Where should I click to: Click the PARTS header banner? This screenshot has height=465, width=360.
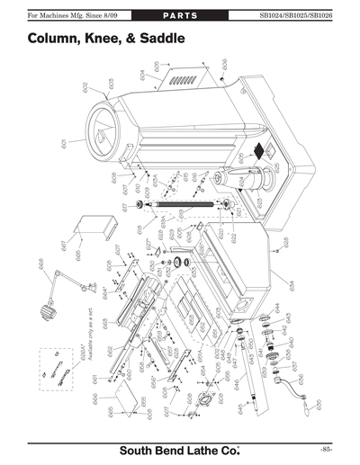click(x=179, y=16)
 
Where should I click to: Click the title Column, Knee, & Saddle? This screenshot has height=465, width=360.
click(x=107, y=40)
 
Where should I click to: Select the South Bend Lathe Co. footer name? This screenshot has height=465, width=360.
click(x=180, y=449)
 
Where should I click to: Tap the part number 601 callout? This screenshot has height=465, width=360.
click(x=65, y=144)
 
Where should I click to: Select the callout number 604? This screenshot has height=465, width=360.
click(x=143, y=73)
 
